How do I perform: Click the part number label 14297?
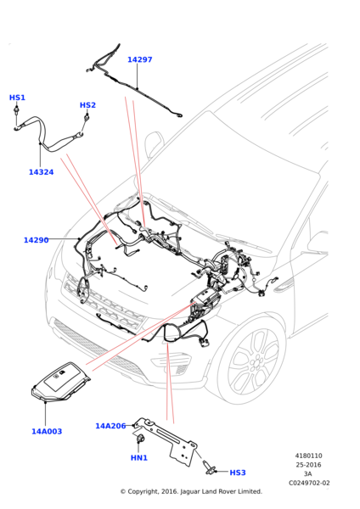pyautogui.click(x=140, y=59)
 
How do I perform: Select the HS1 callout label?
pyautogui.click(x=17, y=98)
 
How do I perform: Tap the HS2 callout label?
pyautogui.click(x=87, y=105)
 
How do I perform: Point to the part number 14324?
pyautogui.click(x=42, y=172)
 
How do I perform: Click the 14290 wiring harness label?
pyautogui.click(x=36, y=240)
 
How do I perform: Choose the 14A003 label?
pyautogui.click(x=47, y=432)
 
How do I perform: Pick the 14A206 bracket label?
pyautogui.click(x=110, y=426)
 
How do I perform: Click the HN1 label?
pyautogui.click(x=139, y=458)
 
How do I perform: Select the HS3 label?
pyautogui.click(x=238, y=473)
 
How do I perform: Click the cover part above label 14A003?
pyautogui.click(x=60, y=382)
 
